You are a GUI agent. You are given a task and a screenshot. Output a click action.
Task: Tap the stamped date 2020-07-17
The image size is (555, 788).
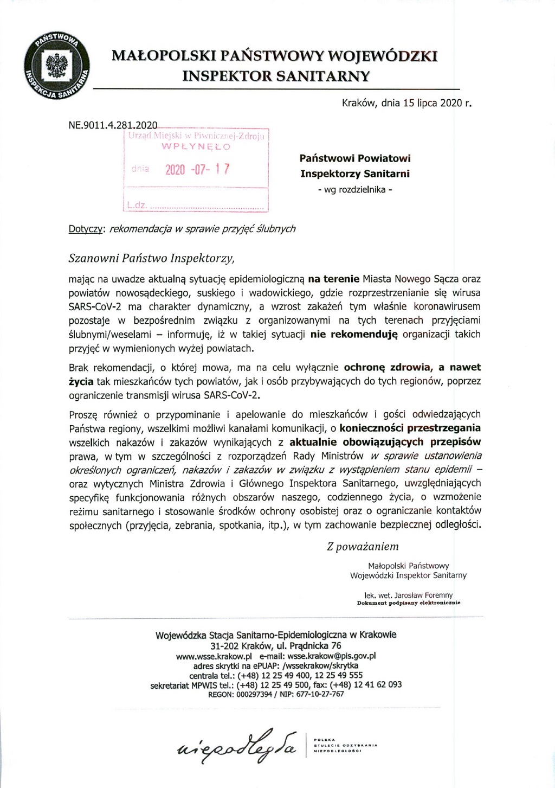click(197, 169)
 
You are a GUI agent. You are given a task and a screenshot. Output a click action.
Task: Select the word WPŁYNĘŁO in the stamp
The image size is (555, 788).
click(196, 146)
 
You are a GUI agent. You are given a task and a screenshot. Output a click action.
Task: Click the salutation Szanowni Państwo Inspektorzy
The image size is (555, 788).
click(152, 258)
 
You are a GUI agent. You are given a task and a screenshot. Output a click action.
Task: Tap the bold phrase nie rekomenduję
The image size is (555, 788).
click(354, 335)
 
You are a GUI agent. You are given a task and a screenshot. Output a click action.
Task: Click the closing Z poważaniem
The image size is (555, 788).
click(363, 547)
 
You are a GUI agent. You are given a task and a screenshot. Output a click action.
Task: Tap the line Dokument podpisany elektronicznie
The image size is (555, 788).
click(409, 603)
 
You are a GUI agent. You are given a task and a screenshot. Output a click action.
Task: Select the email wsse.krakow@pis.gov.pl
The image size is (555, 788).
click(331, 656)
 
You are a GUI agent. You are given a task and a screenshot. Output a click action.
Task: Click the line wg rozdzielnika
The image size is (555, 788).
click(355, 189)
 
